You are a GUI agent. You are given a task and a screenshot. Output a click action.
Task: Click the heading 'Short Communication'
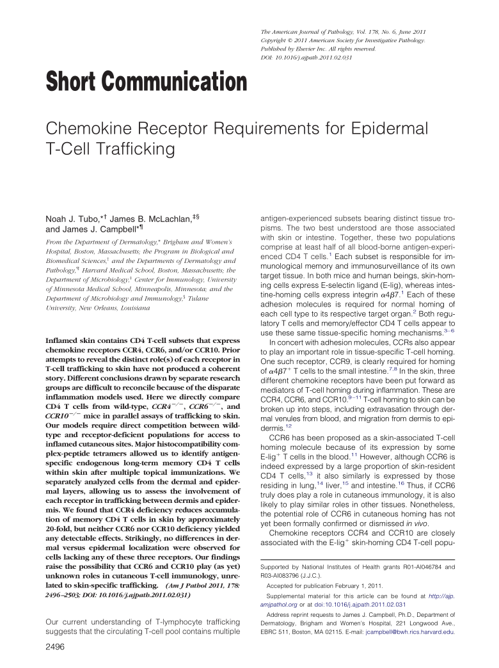[146, 83]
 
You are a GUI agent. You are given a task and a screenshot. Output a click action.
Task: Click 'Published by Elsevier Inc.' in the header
[298, 49]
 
